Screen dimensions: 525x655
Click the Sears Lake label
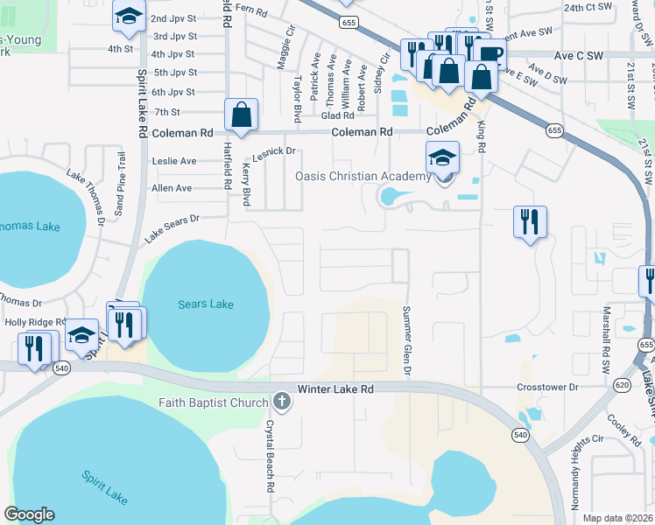tap(206, 304)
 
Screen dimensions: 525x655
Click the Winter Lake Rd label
tap(335, 388)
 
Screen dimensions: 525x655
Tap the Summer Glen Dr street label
tap(406, 340)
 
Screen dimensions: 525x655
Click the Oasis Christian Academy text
tap(363, 177)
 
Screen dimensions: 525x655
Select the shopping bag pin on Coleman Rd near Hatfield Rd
tap(242, 115)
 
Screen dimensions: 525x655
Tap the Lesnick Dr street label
tap(277, 151)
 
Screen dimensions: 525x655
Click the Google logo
tap(30, 514)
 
